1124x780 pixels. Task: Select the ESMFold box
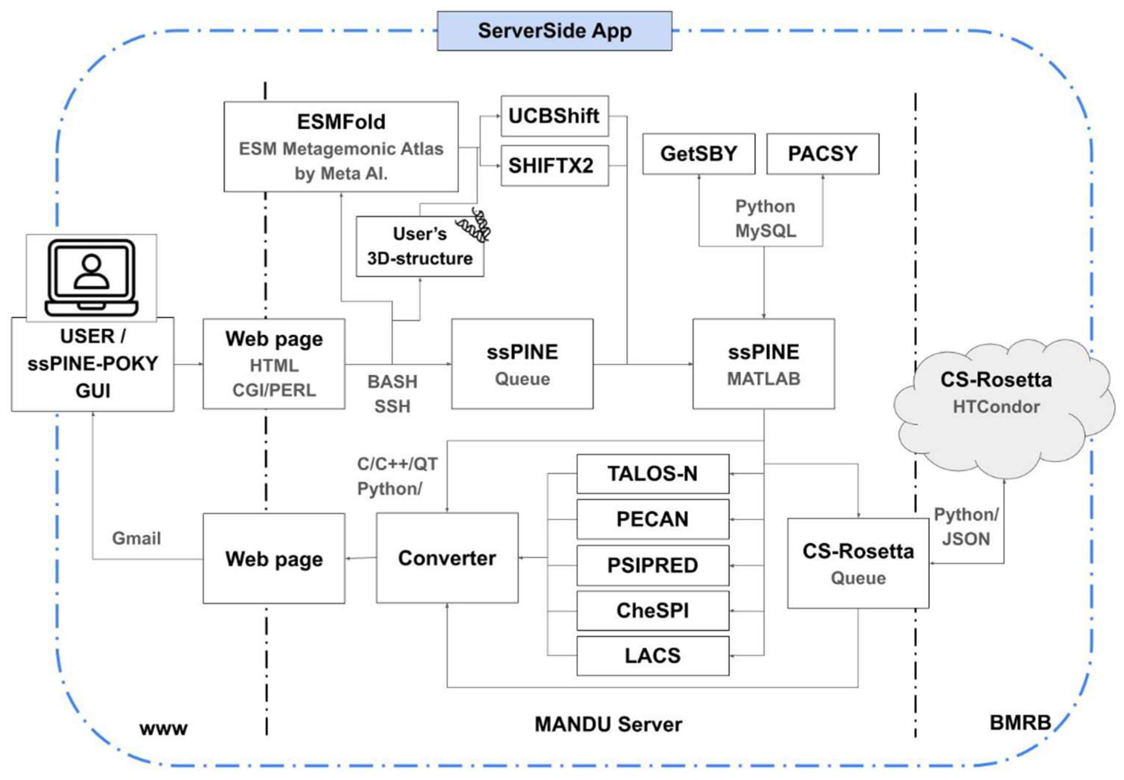coord(341,146)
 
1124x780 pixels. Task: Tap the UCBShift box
coord(554,116)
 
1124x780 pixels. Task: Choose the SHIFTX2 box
coord(554,165)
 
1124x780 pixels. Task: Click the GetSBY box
coord(698,153)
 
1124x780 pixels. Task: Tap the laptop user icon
coord(91,277)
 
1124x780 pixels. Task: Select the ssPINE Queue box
coord(522,364)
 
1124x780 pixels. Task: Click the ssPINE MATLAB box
coord(763,364)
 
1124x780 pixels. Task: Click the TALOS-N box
coord(652,473)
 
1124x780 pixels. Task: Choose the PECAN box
coord(652,519)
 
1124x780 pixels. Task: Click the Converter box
coord(447,558)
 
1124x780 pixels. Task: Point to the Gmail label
coord(136,538)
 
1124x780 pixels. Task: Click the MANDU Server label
coord(608,724)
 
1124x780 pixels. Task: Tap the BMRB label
coord(1019,722)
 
